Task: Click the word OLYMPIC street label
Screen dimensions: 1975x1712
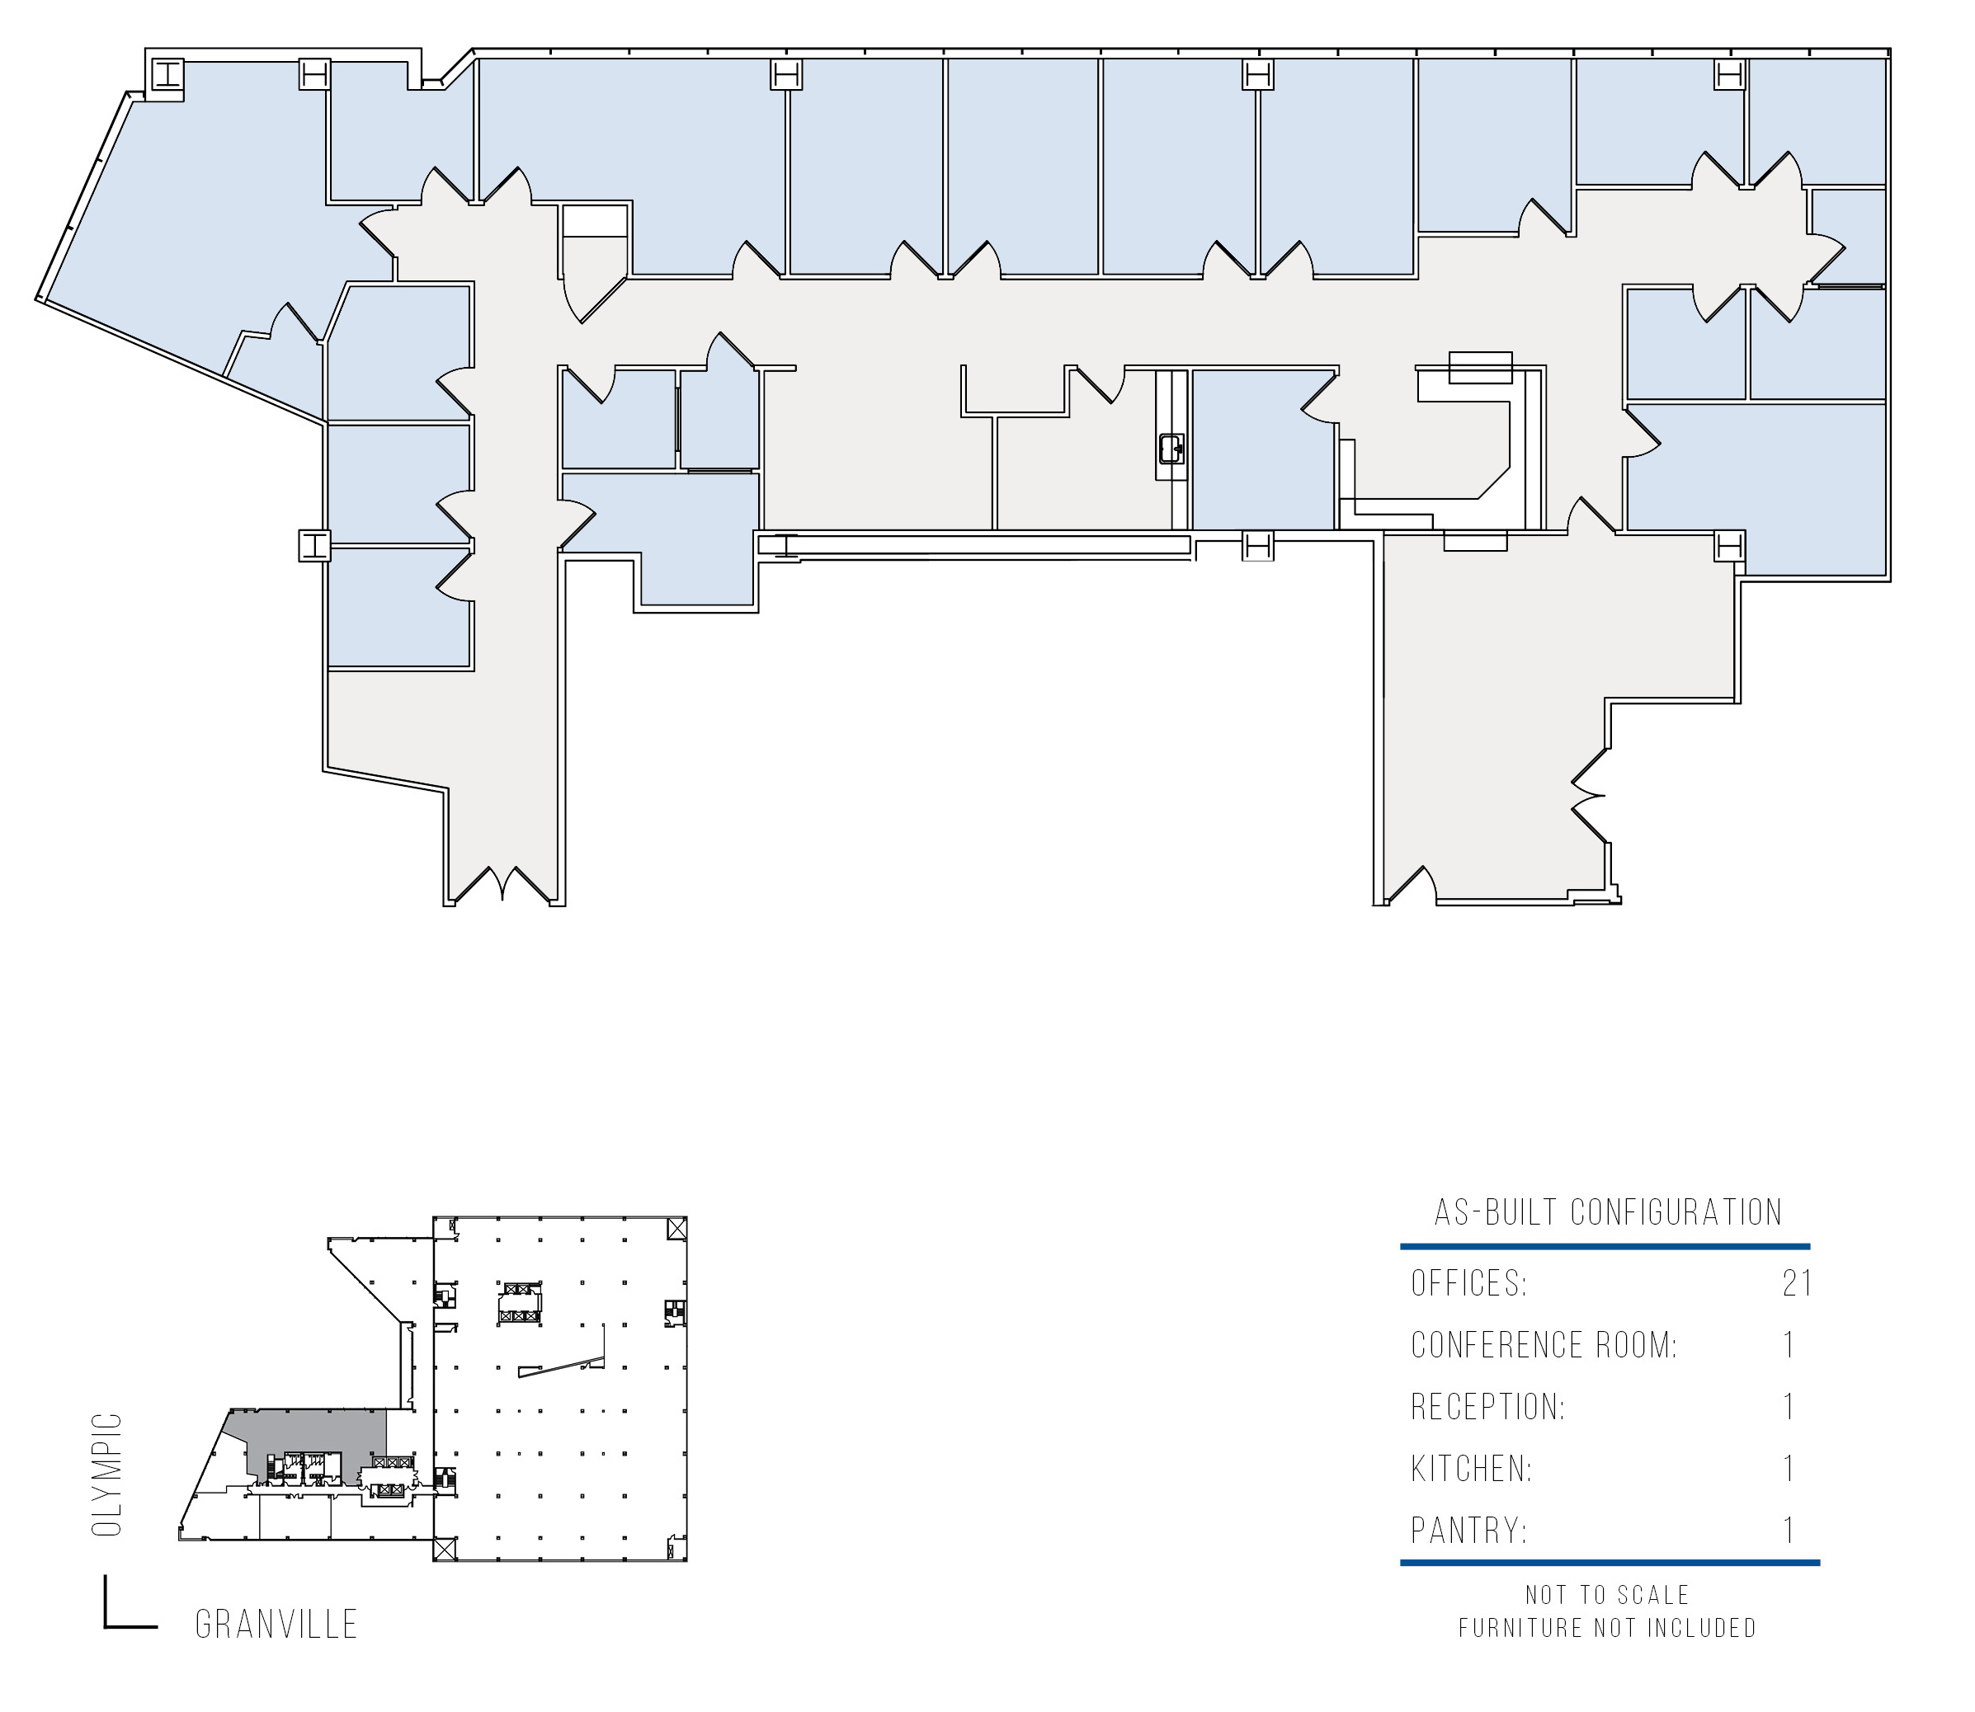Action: pyautogui.click(x=107, y=1475)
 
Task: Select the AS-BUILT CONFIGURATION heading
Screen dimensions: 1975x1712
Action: pyautogui.click(x=1608, y=1212)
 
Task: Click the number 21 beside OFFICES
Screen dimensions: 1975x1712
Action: pyautogui.click(x=1798, y=1283)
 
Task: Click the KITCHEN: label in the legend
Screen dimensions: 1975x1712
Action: pyautogui.click(x=1472, y=1469)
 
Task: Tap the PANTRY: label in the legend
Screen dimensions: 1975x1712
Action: pyautogui.click(x=1468, y=1531)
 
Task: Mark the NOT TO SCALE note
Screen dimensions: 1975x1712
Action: pyautogui.click(x=1607, y=1595)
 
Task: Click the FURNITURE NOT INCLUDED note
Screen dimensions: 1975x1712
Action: pyautogui.click(x=1607, y=1628)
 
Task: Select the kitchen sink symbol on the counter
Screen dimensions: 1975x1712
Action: pyautogui.click(x=1171, y=448)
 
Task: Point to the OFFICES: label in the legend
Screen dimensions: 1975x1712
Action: pyautogui.click(x=1469, y=1283)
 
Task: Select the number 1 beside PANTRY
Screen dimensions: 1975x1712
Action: pyautogui.click(x=1789, y=1531)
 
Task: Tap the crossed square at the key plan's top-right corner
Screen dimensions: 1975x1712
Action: pyautogui.click(x=676, y=1229)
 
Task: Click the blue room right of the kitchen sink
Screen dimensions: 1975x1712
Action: pyautogui.click(x=1263, y=449)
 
